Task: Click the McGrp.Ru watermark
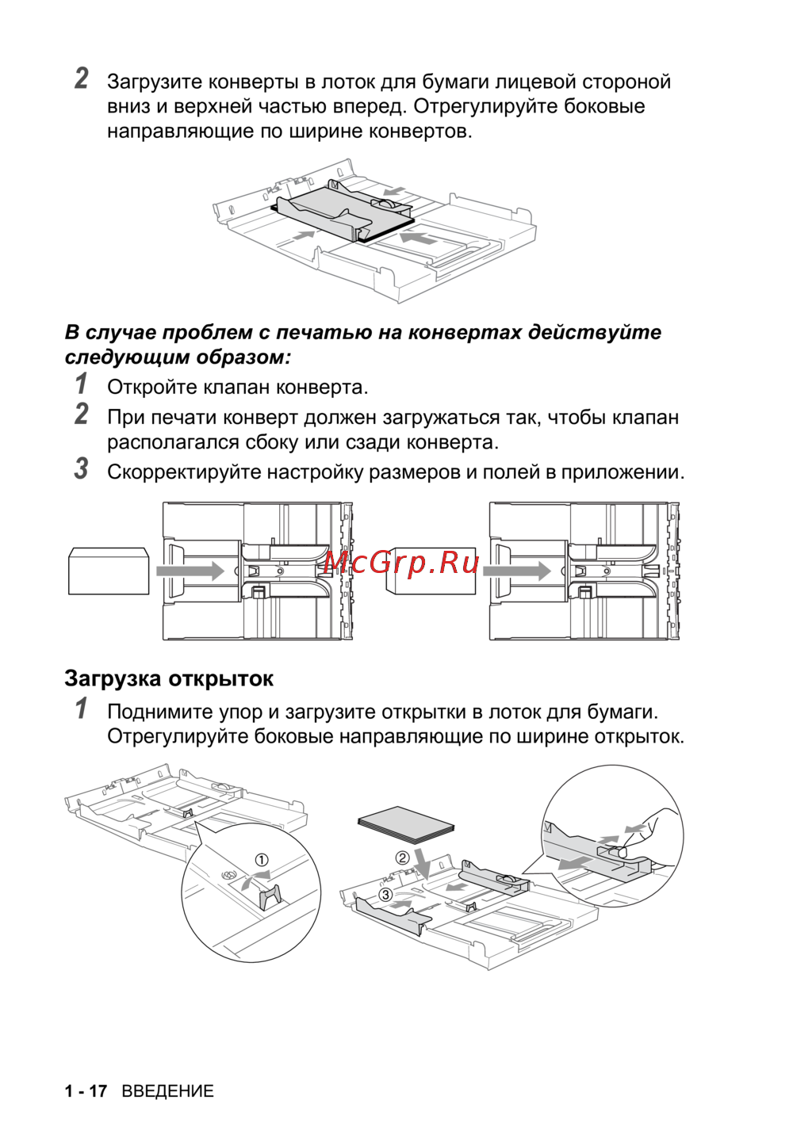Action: click(402, 562)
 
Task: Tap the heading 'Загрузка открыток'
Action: click(169, 678)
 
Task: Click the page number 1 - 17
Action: click(86, 1091)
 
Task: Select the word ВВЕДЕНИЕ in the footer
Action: click(167, 1091)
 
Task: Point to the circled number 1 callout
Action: click(261, 860)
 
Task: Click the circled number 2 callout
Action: click(403, 858)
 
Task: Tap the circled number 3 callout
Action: click(385, 895)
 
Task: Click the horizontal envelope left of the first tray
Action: click(109, 571)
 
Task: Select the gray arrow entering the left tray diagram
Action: click(190, 571)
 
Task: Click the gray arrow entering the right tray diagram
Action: click(517, 571)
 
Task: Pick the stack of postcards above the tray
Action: click(406, 824)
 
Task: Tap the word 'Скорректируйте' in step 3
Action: click(184, 472)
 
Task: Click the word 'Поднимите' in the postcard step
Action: click(151, 712)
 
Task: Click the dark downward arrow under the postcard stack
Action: click(423, 864)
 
